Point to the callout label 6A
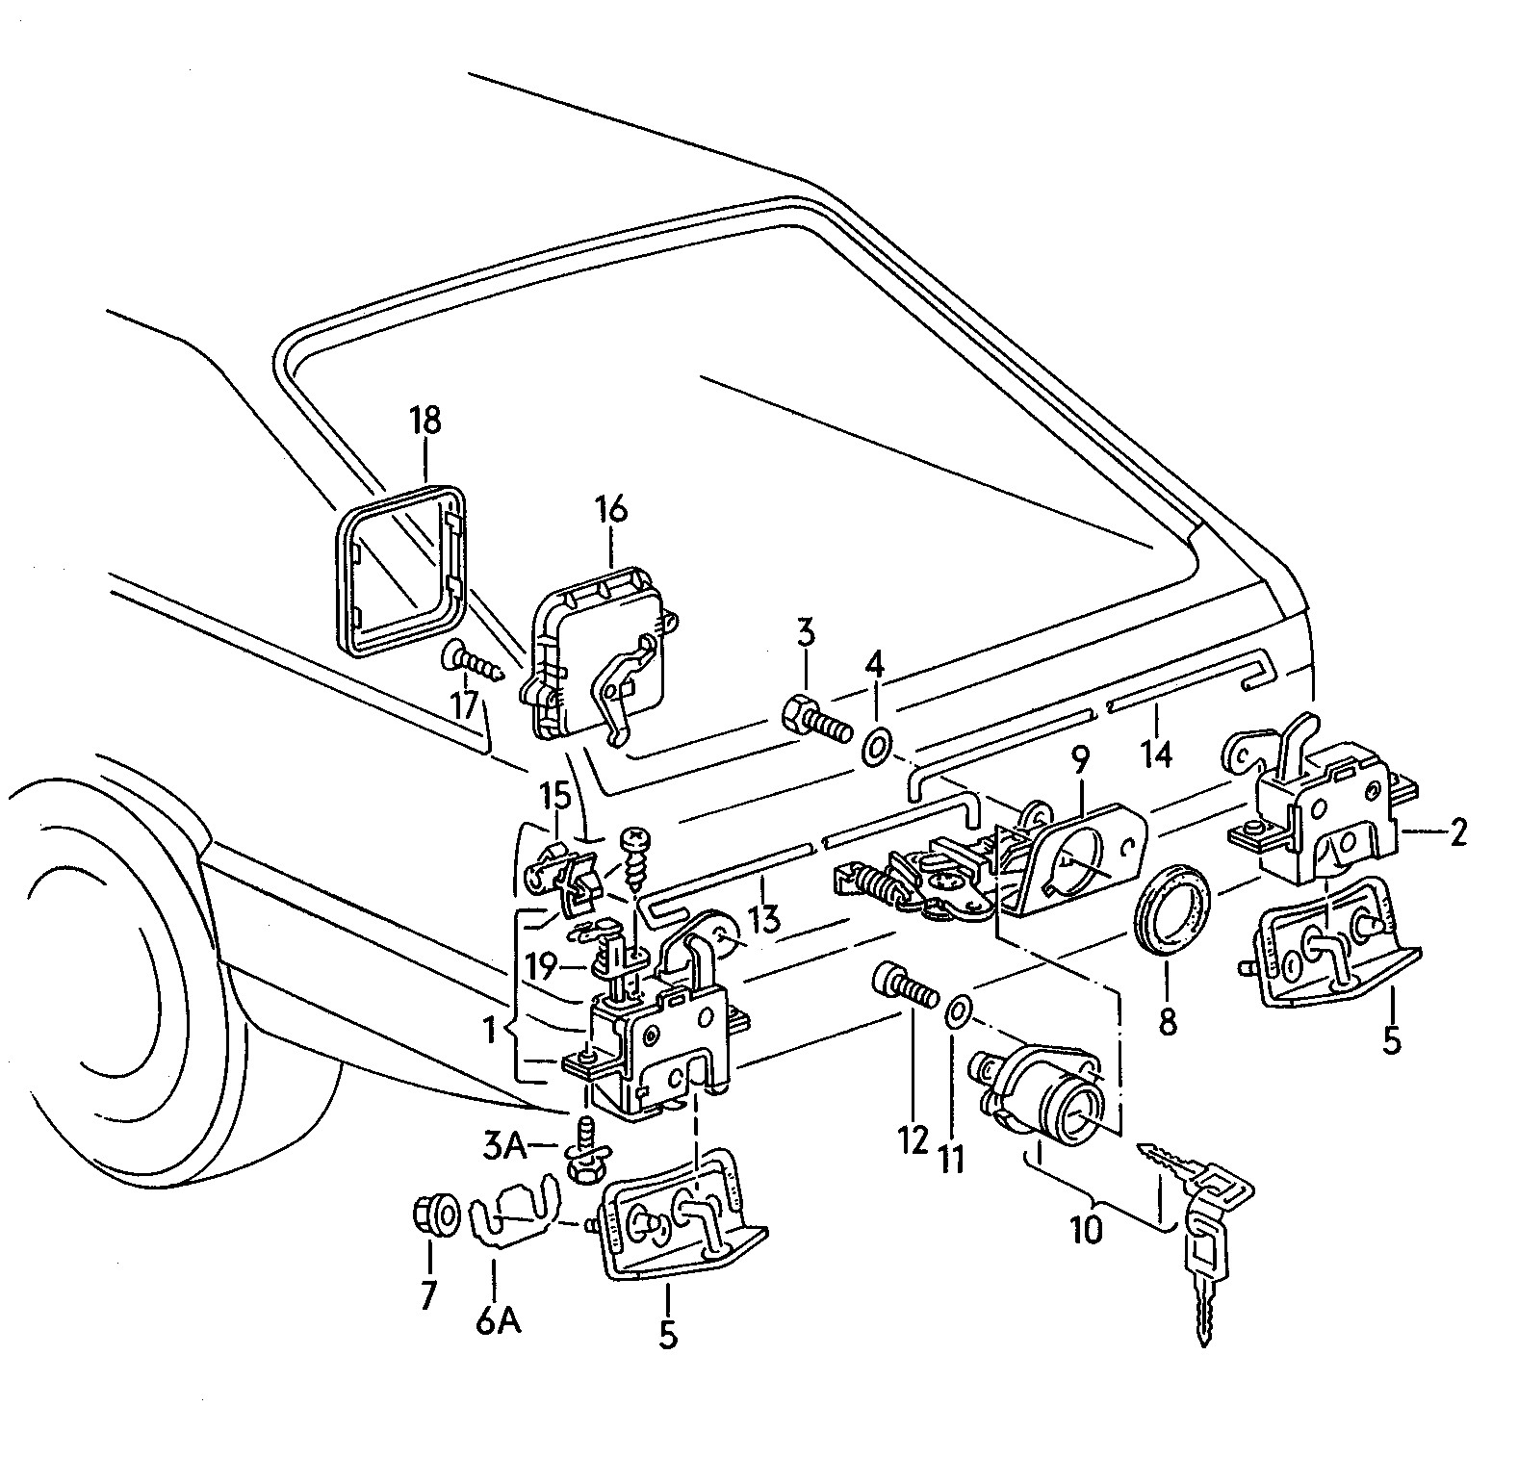pos(498,1321)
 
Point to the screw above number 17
pos(474,662)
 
